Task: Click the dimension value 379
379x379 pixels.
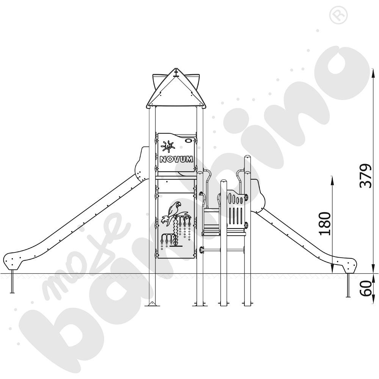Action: click(366, 176)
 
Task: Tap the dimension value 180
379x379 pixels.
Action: click(325, 223)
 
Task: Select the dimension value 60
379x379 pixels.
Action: click(366, 288)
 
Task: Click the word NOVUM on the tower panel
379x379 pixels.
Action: click(177, 159)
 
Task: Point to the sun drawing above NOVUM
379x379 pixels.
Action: click(168, 146)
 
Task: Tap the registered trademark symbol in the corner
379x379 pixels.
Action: click(338, 15)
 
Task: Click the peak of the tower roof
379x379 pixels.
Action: click(177, 69)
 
